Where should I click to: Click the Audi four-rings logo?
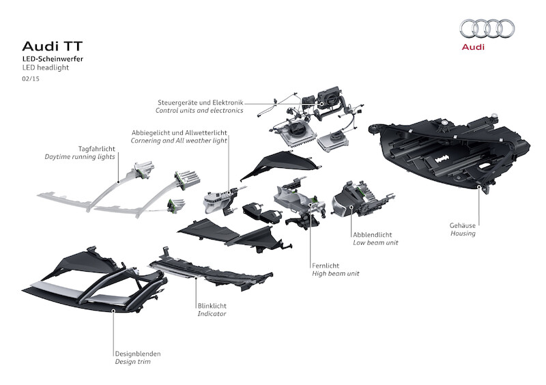click(487, 28)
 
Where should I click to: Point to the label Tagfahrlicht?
click(96, 148)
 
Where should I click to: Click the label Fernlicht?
click(326, 265)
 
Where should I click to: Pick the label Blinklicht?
click(213, 305)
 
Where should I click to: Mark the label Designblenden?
click(138, 354)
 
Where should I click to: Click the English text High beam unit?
click(336, 273)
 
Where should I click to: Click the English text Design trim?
click(132, 362)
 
